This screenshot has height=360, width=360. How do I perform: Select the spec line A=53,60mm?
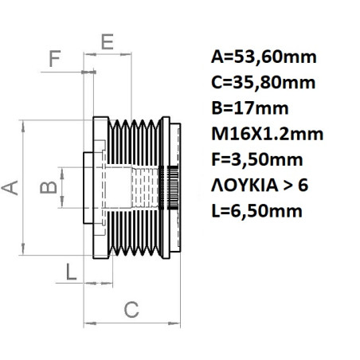(x=264, y=57)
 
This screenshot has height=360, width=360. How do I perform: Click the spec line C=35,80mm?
(x=264, y=82)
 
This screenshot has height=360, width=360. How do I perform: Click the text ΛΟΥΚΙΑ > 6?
(x=259, y=185)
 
